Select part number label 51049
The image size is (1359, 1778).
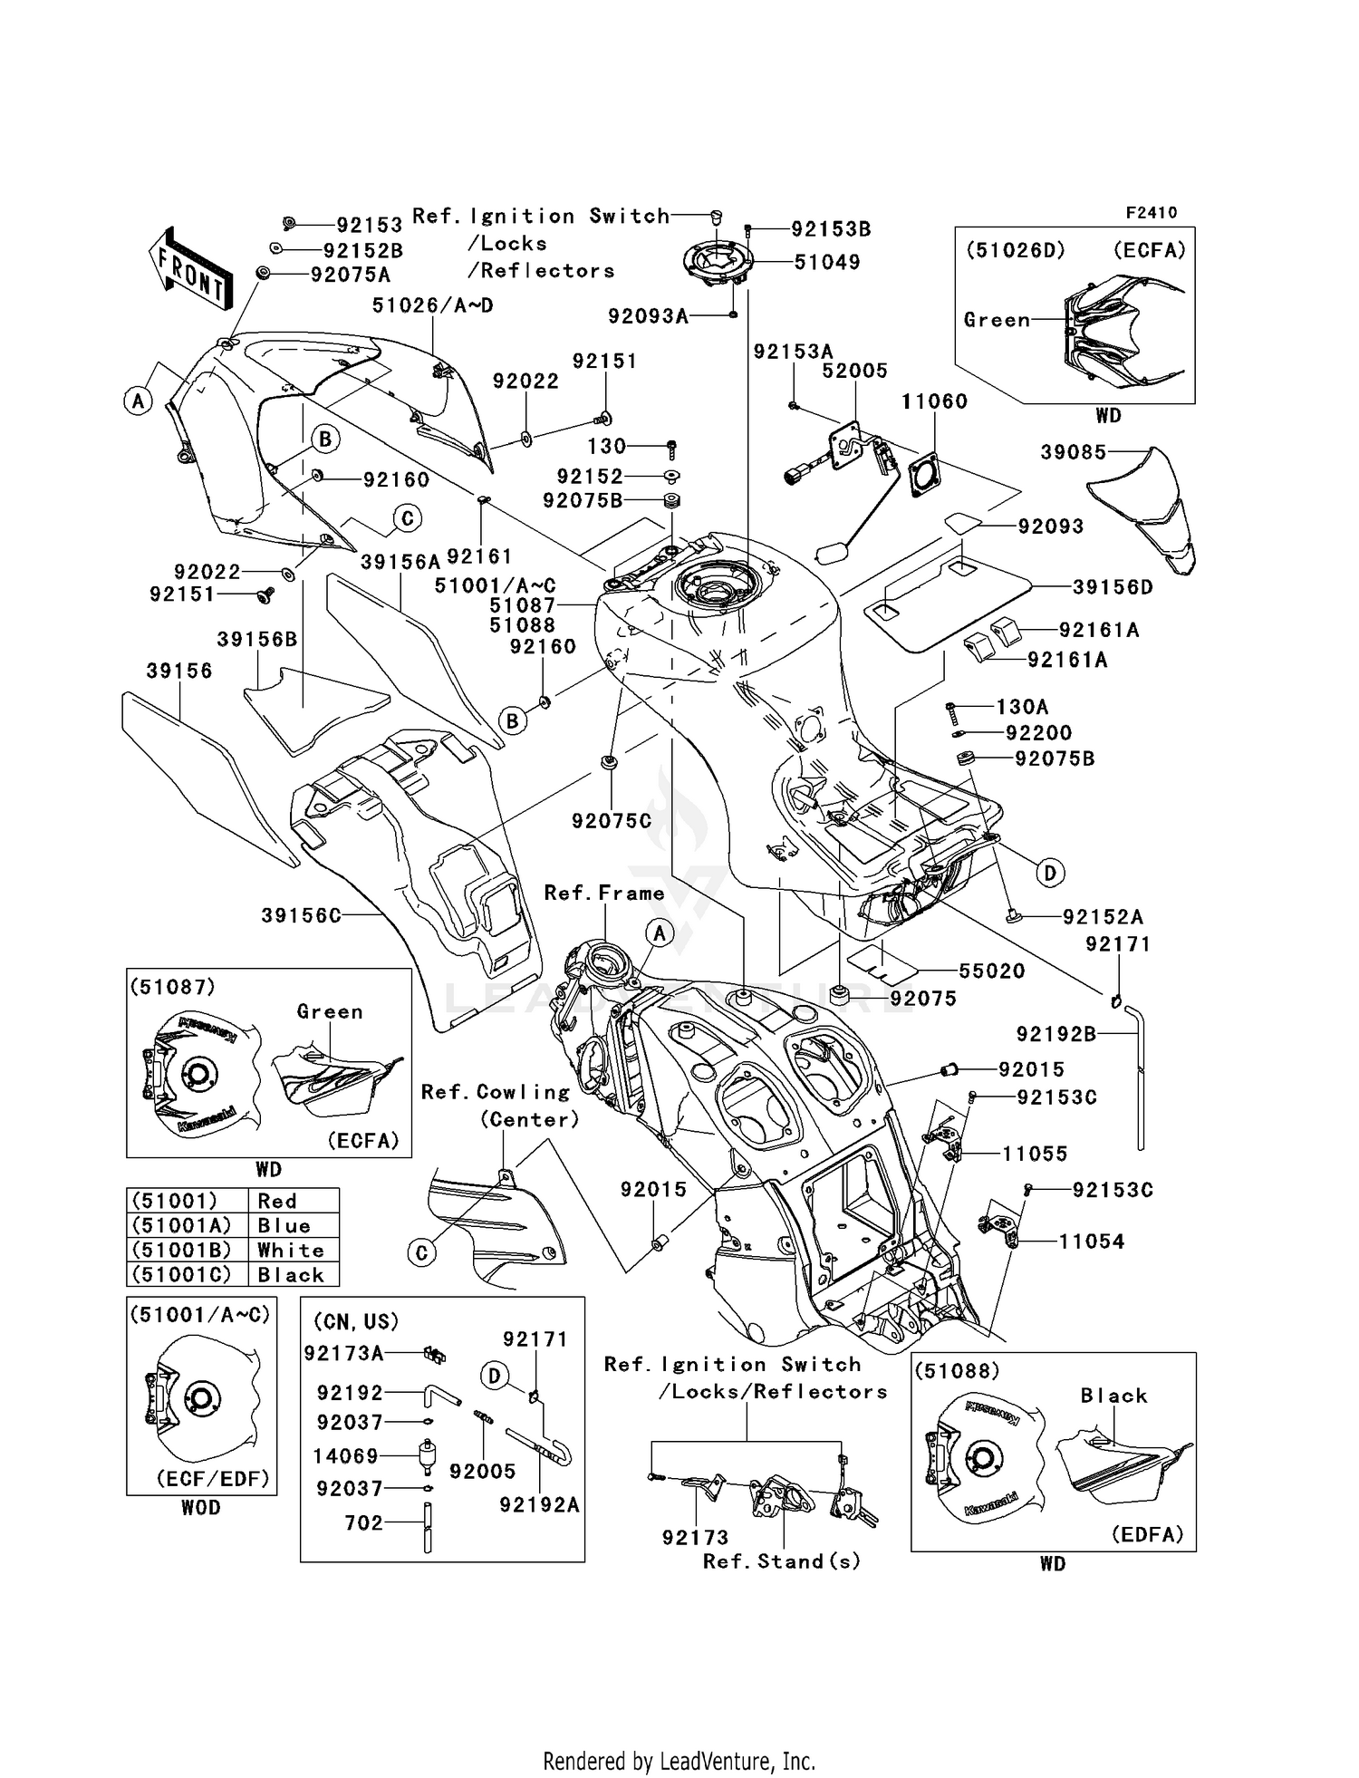826,262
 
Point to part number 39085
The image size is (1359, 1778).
1073,451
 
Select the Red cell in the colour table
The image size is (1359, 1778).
277,1201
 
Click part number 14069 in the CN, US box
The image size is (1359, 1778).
345,1455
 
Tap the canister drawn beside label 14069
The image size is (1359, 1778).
426,1456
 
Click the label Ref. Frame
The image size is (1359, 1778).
603,893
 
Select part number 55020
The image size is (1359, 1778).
991,971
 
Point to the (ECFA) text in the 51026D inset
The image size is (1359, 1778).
1150,250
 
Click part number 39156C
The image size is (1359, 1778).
301,915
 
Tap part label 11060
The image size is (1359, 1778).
934,401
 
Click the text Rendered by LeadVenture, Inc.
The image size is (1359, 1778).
679,1761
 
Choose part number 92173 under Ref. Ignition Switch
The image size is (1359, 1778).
695,1537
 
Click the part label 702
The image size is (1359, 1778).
363,1522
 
